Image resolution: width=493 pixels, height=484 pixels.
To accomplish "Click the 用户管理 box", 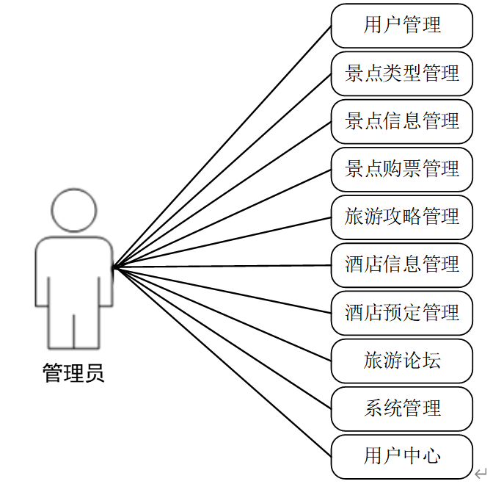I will pos(401,26).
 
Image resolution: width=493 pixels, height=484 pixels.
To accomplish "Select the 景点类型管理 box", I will pos(401,73).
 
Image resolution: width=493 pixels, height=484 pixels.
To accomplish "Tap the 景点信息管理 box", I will pos(401,121).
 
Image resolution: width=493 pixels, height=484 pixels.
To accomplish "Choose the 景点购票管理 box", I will pos(401,169).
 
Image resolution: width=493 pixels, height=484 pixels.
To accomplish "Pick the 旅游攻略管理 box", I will pos(401,217).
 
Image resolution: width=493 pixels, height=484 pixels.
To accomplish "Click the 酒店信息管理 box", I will pos(401,264).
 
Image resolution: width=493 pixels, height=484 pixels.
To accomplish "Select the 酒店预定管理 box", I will pos(401,313).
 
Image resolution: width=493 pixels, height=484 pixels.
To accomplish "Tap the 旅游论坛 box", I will pos(401,361).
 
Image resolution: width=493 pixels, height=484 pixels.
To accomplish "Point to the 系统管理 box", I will pos(401,408).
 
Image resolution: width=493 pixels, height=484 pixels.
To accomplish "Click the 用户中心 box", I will pos(401,456).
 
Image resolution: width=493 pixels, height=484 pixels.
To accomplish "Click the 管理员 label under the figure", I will pos(73,373).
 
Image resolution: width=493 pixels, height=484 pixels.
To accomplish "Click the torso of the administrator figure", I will pos(74,272).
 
